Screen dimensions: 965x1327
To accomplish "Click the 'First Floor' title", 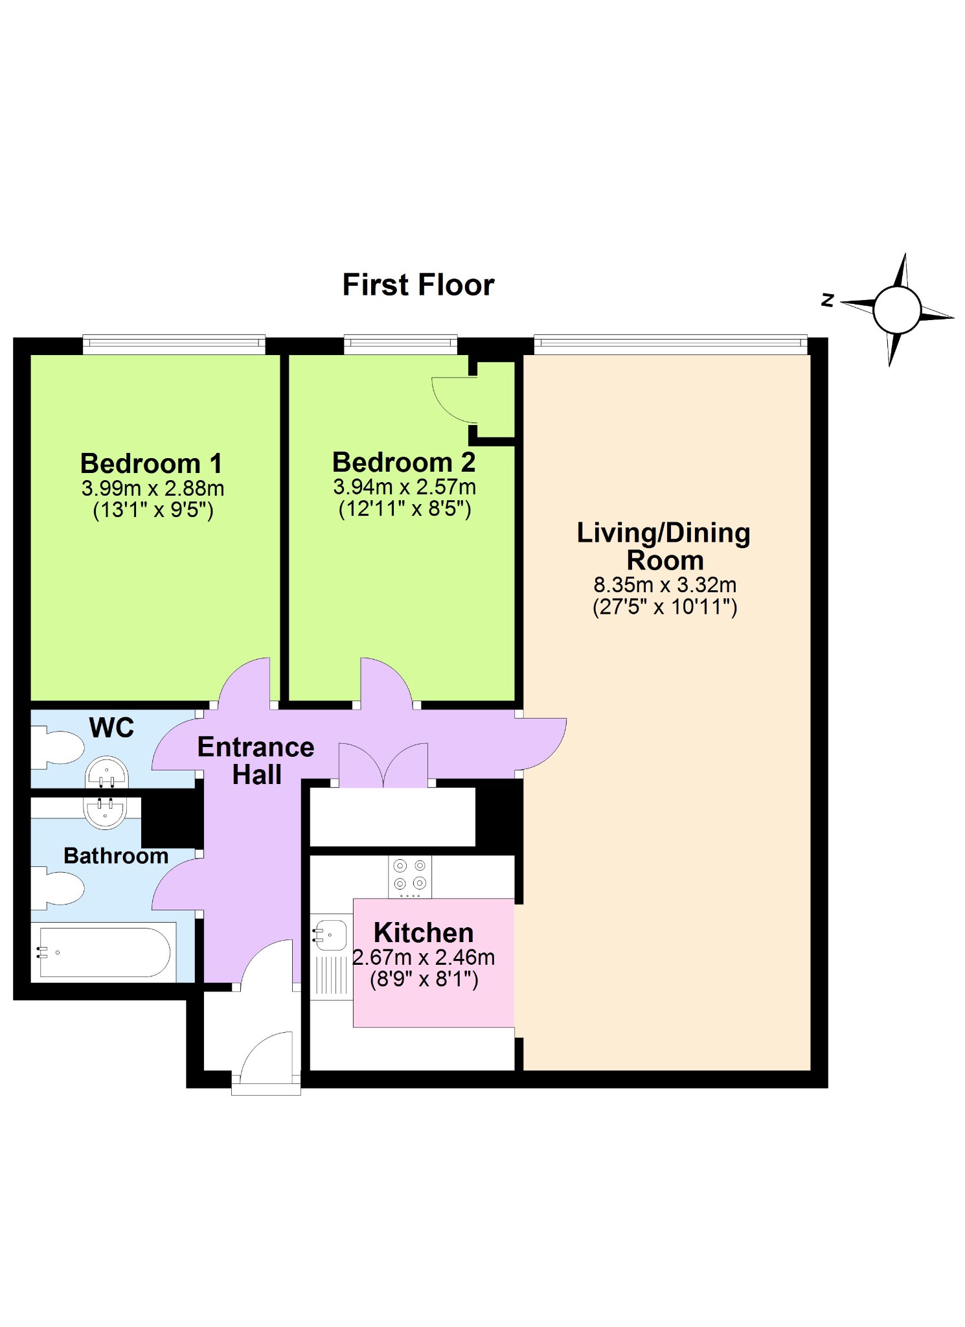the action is click(418, 284).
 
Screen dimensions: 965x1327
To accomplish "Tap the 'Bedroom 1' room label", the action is click(152, 463).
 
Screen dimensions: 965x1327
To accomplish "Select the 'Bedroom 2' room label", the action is click(404, 462).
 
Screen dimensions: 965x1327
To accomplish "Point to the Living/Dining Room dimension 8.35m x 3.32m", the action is click(665, 584).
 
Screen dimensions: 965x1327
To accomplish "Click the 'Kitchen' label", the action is click(424, 932).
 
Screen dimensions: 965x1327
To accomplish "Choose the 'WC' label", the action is click(111, 728).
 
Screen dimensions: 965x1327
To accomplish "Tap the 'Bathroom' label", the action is click(116, 855).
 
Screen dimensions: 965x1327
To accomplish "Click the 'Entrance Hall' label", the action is click(256, 761).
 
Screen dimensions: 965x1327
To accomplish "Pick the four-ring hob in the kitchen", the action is click(410, 877).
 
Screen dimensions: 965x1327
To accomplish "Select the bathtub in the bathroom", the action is click(104, 952).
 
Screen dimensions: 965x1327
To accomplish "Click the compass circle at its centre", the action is click(897, 310).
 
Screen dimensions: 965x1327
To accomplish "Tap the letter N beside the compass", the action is click(827, 300).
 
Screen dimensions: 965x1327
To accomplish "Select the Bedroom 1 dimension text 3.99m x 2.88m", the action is click(153, 488).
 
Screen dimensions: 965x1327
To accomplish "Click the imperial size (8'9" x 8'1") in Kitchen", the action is click(424, 978).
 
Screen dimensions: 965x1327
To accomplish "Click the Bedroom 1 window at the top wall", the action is click(174, 345).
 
